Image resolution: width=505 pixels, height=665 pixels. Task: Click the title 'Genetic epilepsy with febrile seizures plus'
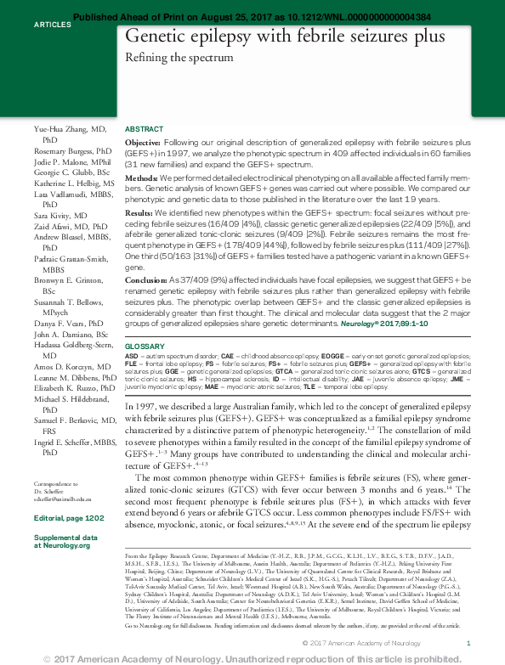(284, 37)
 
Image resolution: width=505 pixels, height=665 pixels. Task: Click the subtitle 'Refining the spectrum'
(179, 58)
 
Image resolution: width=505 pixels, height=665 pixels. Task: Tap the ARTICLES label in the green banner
(52, 25)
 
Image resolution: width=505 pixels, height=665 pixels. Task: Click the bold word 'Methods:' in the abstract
(141, 177)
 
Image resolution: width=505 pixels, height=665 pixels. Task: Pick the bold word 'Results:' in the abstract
(139, 212)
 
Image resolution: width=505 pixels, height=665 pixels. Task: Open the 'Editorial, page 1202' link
(68, 517)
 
